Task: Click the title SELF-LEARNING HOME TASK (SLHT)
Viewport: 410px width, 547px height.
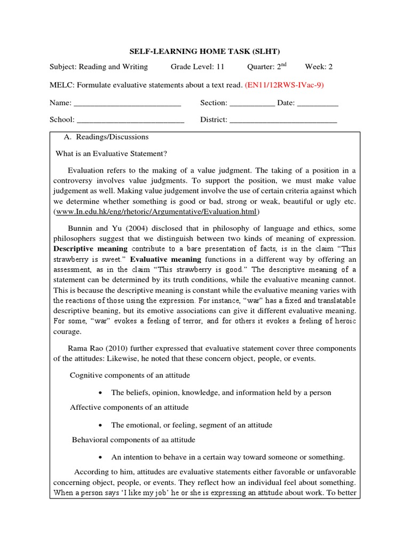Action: click(205, 51)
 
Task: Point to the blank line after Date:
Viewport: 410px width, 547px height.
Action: click(318, 103)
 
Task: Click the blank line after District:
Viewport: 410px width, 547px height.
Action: click(283, 120)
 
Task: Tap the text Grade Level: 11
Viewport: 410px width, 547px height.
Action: click(198, 67)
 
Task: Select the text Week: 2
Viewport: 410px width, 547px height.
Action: click(319, 67)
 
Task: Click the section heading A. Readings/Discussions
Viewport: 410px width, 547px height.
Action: click(106, 137)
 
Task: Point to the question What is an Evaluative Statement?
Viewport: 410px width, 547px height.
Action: click(112, 154)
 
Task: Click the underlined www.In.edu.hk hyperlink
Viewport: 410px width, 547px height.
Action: click(156, 212)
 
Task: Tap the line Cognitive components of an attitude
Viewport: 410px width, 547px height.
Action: click(130, 375)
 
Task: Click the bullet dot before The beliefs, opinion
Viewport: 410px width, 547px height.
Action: click(101, 393)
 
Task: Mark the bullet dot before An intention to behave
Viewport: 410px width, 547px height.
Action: click(101, 457)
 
